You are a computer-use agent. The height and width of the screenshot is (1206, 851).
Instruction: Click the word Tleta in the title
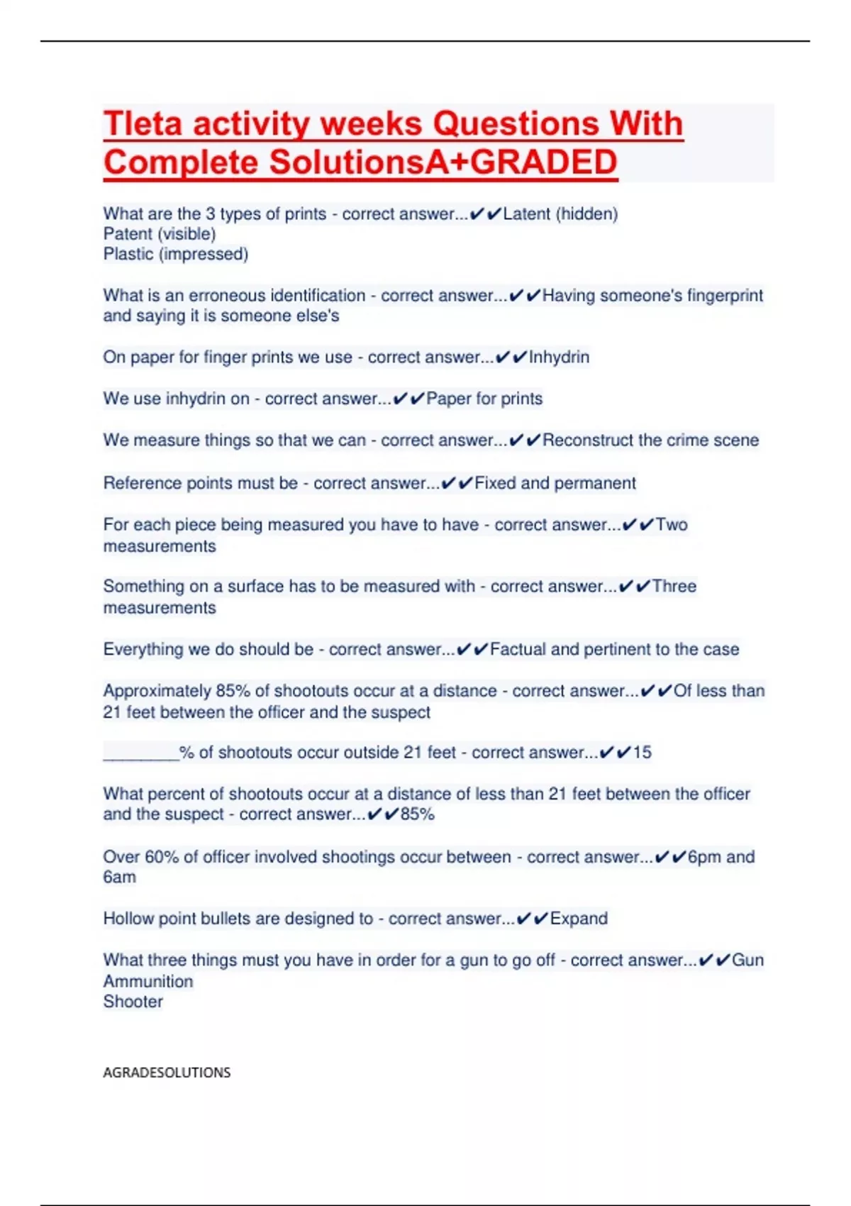(x=143, y=123)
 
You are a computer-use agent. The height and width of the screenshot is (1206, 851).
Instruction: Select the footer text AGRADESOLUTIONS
(x=167, y=1072)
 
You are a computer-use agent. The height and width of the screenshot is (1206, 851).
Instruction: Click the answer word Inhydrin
(x=559, y=357)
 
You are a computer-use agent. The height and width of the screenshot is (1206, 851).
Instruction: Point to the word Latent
(x=526, y=214)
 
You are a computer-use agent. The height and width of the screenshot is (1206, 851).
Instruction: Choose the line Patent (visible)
(x=160, y=233)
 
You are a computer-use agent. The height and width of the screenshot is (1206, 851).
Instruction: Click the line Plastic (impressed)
(x=176, y=254)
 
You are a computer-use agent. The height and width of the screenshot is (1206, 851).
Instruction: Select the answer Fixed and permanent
(x=555, y=483)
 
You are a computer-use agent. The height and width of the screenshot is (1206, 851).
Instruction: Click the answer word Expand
(x=579, y=919)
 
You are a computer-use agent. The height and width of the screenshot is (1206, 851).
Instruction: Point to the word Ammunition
(x=148, y=981)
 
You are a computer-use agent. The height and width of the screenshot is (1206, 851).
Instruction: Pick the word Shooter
(x=133, y=1002)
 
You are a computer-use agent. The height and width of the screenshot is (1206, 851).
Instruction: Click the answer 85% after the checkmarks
(x=417, y=814)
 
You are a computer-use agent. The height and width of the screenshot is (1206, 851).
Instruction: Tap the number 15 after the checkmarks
(x=642, y=753)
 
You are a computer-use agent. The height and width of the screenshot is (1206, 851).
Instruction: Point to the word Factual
(x=518, y=649)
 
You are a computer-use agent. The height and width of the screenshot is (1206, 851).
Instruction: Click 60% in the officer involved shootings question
(x=161, y=857)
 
